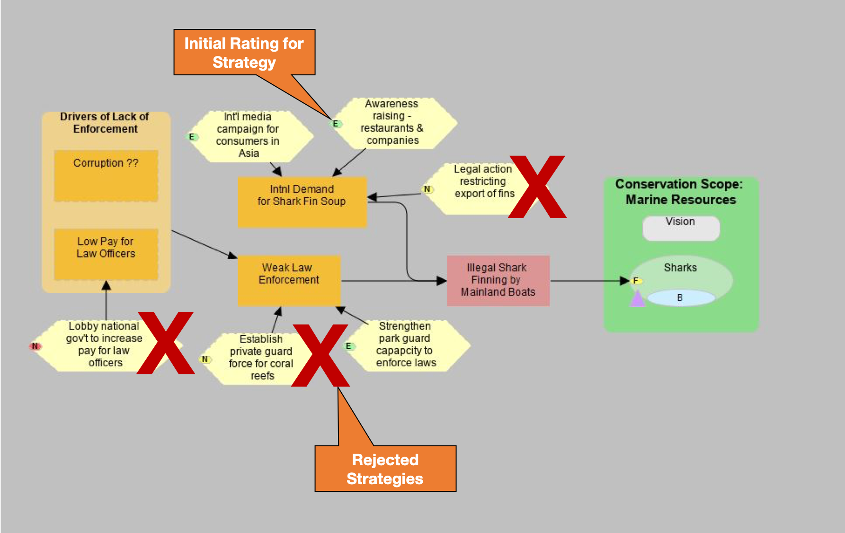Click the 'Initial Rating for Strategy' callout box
[x=244, y=52]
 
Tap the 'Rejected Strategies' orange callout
[x=385, y=469]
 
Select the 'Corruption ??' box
[x=106, y=176]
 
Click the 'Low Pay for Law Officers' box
[x=106, y=254]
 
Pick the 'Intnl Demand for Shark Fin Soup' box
[x=302, y=202]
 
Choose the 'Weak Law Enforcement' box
[x=289, y=280]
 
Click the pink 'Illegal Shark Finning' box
[x=498, y=280]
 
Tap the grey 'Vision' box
[x=681, y=228]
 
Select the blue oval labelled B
[x=680, y=298]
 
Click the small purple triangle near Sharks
[x=637, y=299]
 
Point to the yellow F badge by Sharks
[x=636, y=280]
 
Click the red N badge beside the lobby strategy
[x=35, y=346]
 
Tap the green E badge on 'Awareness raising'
[x=335, y=124]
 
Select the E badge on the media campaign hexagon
[x=192, y=137]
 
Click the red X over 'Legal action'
[x=537, y=187]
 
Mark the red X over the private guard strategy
[x=320, y=355]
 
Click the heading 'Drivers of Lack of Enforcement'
[x=105, y=123]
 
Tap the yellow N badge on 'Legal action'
[x=427, y=189]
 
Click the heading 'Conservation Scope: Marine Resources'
[x=680, y=192]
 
